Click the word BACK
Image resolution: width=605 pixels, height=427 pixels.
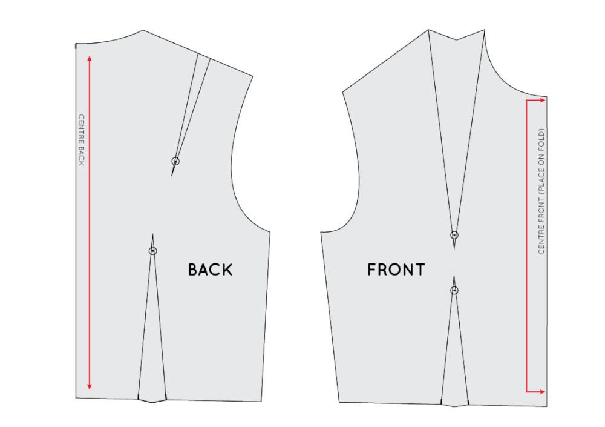210,270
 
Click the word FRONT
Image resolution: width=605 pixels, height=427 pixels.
396,270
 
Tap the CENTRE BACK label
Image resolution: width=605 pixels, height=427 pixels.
81,140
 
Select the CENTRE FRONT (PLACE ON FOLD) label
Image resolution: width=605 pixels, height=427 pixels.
541,191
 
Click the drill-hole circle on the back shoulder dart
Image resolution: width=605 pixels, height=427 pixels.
175,161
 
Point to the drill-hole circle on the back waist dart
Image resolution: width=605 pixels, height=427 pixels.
153,251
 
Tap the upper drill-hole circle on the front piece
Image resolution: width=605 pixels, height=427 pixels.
454,235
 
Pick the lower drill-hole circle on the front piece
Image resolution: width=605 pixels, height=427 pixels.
454,291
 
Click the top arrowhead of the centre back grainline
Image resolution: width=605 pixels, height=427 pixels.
90,58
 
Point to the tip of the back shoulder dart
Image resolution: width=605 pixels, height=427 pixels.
172,176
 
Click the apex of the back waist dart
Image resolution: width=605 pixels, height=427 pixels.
153,234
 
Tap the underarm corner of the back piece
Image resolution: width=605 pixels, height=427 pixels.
270,232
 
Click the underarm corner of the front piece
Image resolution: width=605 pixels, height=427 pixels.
321,231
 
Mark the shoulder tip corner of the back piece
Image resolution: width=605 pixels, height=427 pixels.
252,76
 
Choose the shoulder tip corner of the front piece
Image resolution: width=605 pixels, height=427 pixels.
342,92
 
